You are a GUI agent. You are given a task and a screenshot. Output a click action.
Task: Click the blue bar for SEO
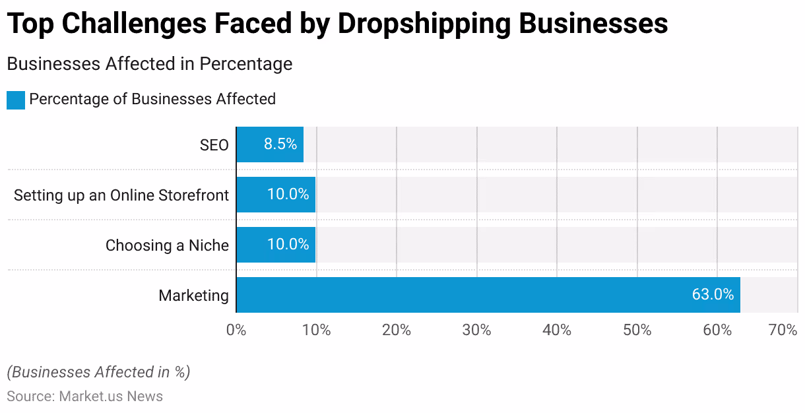tap(269, 144)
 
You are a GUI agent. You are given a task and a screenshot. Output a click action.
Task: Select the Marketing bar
tap(488, 295)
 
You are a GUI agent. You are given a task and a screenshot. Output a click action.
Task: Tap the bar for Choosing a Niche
tap(275, 245)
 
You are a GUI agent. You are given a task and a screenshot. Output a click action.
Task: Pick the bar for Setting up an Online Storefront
tap(275, 195)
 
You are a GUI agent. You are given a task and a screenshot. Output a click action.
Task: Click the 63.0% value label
tap(713, 295)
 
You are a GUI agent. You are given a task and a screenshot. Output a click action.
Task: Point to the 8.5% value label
tap(280, 144)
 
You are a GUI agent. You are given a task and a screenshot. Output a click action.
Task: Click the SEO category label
tap(214, 145)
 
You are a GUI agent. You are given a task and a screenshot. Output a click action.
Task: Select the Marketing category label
tap(193, 296)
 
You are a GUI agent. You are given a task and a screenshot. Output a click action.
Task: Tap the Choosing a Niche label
tap(167, 245)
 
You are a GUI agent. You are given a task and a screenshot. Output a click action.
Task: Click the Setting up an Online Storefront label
tap(121, 195)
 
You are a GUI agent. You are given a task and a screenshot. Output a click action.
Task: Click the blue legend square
tap(16, 100)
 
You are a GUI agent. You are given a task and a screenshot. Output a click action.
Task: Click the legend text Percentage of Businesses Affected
tap(152, 100)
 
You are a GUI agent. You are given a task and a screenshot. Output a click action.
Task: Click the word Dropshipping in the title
tap(424, 24)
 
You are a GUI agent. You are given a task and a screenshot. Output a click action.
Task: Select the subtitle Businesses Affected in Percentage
tap(149, 64)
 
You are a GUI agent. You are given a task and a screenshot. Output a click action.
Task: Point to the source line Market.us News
tap(84, 397)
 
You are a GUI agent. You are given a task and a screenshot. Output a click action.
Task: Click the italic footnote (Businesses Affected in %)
tap(98, 372)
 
